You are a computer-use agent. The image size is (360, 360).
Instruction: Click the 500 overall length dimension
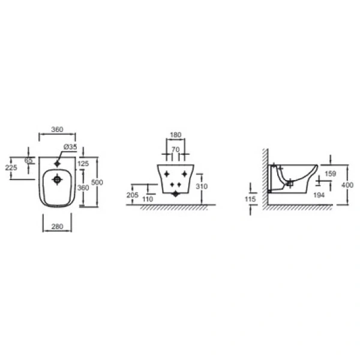point(97,182)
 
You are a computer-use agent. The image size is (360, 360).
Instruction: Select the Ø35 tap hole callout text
point(70,147)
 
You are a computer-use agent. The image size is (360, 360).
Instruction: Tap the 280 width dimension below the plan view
point(57,226)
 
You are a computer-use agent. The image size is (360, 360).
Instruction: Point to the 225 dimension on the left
point(11,167)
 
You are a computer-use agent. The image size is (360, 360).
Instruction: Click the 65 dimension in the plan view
point(29,160)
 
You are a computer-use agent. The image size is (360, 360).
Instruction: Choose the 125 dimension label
point(83,163)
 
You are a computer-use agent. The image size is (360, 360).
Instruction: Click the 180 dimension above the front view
point(176,135)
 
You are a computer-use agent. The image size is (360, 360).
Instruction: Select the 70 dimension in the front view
point(175,149)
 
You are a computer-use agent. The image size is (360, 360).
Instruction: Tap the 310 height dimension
point(202,186)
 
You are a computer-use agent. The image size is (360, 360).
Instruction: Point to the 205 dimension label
point(133,195)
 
